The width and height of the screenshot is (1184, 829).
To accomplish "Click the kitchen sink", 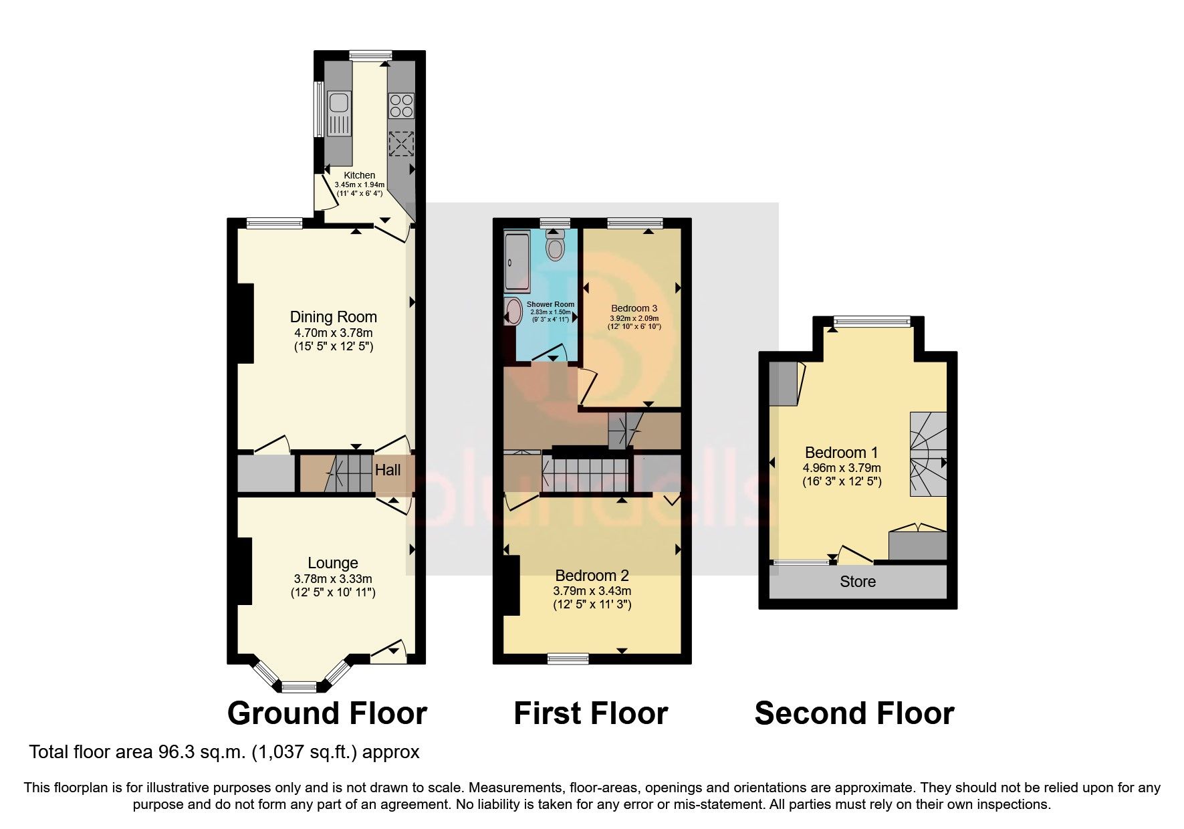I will point(338,104).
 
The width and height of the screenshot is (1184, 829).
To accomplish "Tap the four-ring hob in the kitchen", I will point(401,105).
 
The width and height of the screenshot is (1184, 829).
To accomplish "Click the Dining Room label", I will point(333,317).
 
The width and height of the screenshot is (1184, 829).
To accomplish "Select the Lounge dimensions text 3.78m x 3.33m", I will point(333,578).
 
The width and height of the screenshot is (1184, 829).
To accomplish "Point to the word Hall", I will point(388,470).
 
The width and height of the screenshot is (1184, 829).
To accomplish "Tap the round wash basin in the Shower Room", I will point(513,312).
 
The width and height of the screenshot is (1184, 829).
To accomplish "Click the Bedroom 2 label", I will point(592,576).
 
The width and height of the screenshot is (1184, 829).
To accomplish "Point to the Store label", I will point(858,582).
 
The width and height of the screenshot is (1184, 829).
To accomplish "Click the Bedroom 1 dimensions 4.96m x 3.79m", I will point(841,468).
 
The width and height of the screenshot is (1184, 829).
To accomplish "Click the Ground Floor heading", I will point(327,713).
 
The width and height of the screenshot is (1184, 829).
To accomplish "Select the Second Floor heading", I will point(854,713).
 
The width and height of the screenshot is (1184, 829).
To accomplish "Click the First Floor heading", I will point(590,713).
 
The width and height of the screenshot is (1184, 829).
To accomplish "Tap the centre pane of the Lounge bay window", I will point(299,685).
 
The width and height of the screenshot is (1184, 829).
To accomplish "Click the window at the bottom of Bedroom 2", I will point(568,659).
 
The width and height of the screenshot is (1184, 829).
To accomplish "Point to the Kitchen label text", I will point(360,175).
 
